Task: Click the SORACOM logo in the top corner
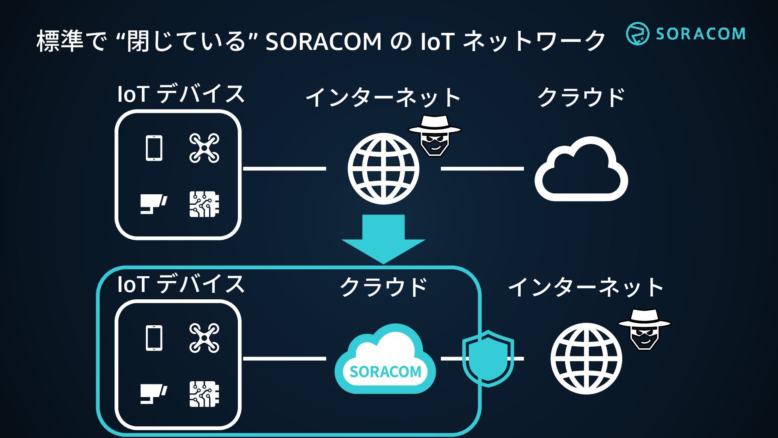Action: click(685, 33)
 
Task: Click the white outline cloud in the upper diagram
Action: click(581, 170)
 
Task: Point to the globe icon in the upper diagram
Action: click(383, 169)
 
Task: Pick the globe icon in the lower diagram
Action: click(586, 359)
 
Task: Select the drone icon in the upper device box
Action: click(204, 148)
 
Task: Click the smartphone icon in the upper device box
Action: click(154, 148)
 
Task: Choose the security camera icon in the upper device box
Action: click(154, 204)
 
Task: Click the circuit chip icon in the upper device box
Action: click(204, 204)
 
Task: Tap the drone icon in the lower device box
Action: click(204, 338)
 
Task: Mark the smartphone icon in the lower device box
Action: click(154, 338)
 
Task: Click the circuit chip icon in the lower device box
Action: click(204, 394)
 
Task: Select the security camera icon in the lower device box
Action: click(154, 394)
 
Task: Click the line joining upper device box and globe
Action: click(284, 168)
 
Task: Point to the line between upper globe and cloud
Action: click(482, 168)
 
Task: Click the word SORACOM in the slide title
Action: click(323, 41)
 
